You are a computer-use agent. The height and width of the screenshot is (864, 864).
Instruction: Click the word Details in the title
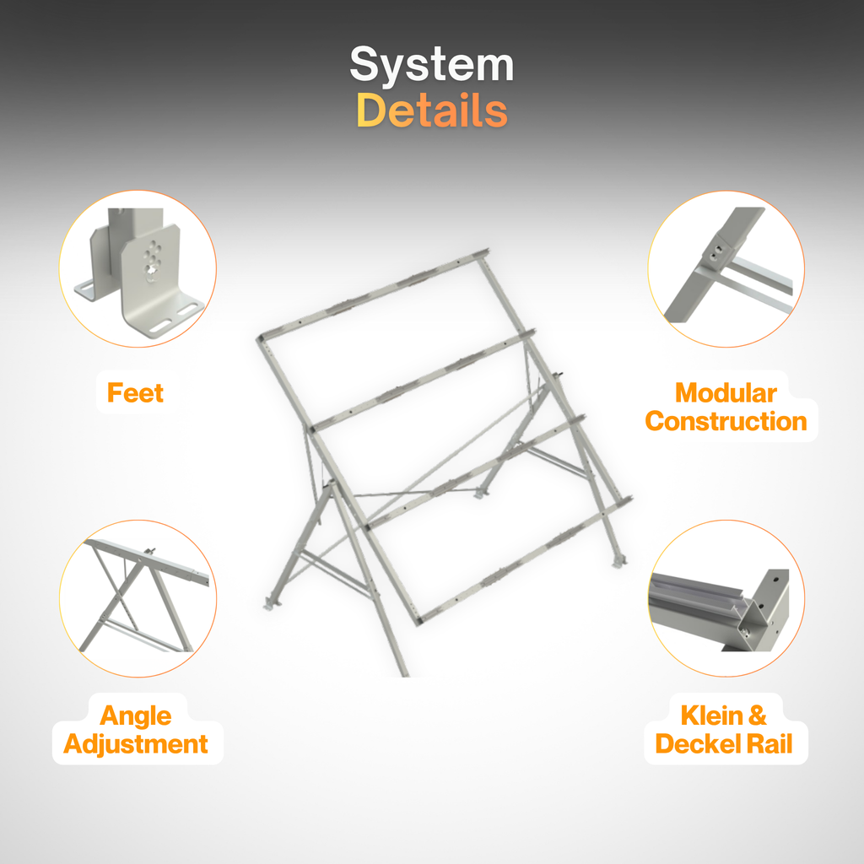coord(432,111)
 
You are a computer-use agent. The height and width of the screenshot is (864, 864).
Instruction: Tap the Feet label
coord(136,393)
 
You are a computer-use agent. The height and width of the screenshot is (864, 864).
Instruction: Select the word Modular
coord(726,393)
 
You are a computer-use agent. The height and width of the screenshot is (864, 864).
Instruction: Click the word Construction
coord(726,422)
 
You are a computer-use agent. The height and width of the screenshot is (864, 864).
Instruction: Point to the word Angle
coord(136,715)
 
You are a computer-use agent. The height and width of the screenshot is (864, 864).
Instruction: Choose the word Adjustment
coord(136,744)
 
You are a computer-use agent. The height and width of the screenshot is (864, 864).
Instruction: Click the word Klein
coord(712,715)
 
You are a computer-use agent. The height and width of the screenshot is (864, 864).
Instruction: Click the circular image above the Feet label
coord(138,269)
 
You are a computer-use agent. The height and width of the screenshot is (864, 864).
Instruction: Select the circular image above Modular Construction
coord(726,269)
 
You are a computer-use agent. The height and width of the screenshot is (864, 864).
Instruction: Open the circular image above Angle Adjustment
coord(138,598)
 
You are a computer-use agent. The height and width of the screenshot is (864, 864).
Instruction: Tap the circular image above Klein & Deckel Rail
coord(726,598)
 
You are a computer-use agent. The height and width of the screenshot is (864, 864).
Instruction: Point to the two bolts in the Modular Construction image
coord(715,253)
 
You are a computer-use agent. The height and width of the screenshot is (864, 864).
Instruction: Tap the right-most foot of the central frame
coord(620,561)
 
